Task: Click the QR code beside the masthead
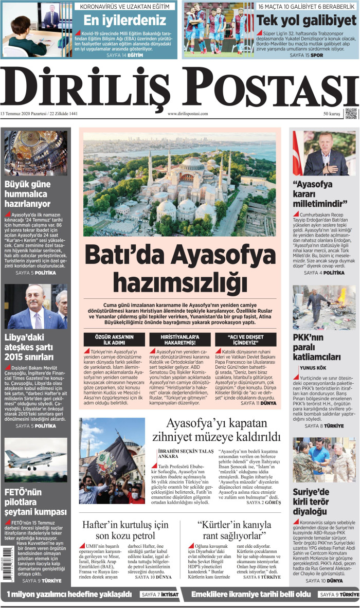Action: (351, 113)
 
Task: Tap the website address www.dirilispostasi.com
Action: (188, 114)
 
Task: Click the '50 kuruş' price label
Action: (332, 114)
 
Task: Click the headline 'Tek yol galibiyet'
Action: (307, 21)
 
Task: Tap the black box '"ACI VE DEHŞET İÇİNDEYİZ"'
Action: (243, 339)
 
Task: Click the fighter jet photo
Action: (36, 459)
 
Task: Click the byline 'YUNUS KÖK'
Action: (313, 368)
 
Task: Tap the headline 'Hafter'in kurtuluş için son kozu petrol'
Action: (125, 530)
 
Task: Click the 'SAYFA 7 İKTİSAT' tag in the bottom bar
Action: (159, 595)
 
